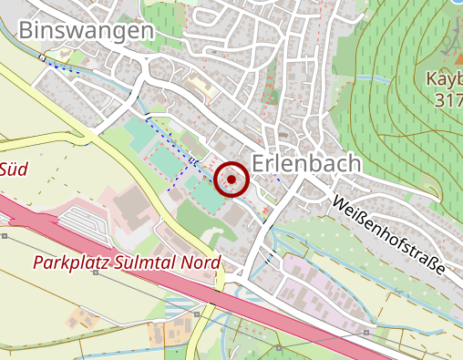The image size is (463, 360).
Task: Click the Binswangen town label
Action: click(x=86, y=30)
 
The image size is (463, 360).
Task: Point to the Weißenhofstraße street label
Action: click(x=387, y=234)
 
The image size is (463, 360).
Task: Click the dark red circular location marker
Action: click(x=231, y=180)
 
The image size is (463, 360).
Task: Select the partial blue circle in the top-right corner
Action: click(x=457, y=3)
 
